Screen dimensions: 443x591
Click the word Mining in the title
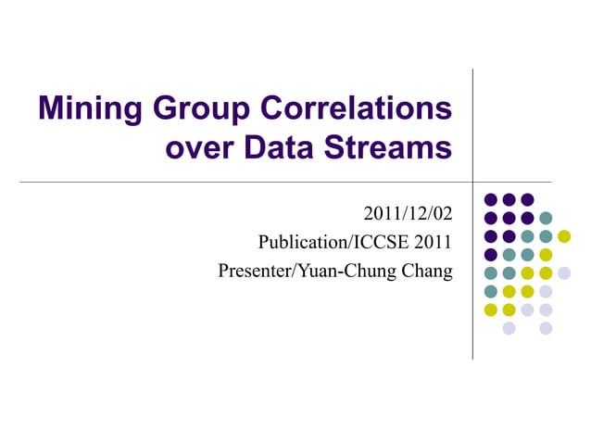(x=89, y=110)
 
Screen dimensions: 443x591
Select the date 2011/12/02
(x=409, y=215)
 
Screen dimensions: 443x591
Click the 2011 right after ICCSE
(x=434, y=243)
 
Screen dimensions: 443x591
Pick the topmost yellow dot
(x=564, y=236)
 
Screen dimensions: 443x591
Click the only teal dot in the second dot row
(x=546, y=218)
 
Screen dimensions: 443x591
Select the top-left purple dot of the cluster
(x=491, y=199)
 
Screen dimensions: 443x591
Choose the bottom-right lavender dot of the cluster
(x=546, y=328)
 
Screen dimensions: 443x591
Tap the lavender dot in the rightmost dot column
(x=564, y=272)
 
